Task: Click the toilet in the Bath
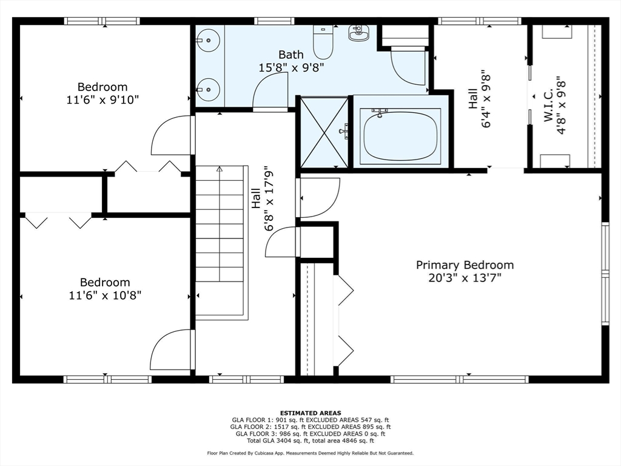tap(323, 42)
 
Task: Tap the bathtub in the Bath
tap(400, 136)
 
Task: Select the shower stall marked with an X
tap(324, 132)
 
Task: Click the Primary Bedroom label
tap(465, 265)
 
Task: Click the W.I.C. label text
tap(548, 105)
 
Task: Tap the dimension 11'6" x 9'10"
tap(102, 100)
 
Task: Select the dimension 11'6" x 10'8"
tap(105, 295)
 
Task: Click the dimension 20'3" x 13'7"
tap(465, 278)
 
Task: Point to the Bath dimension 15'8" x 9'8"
tap(292, 67)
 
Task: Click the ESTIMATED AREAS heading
tap(310, 413)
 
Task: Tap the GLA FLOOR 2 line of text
tap(310, 427)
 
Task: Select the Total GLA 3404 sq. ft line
tap(310, 441)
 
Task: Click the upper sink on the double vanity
tap(209, 40)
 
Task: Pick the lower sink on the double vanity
tap(209, 89)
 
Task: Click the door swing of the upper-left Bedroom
tap(170, 135)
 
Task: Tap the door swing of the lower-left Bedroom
tap(170, 349)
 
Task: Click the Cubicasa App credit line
tap(310, 453)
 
